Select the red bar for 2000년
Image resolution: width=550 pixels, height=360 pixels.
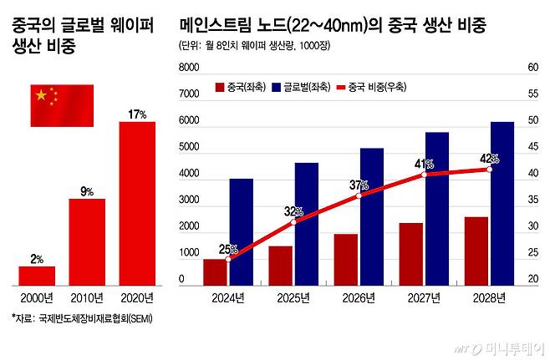(x=37, y=276)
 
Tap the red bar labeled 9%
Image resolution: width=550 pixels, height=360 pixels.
(x=87, y=241)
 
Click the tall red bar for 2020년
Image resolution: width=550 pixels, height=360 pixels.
(x=137, y=204)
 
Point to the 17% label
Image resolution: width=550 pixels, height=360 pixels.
(x=138, y=114)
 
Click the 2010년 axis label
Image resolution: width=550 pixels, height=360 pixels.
(x=87, y=297)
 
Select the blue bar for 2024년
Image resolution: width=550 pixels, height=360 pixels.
(x=241, y=231)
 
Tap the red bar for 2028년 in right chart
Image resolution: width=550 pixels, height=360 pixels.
(x=476, y=251)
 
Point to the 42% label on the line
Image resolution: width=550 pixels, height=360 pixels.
(x=490, y=158)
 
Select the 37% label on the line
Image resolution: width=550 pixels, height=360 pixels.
(x=359, y=185)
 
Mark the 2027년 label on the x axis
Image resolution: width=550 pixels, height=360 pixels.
(x=423, y=297)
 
